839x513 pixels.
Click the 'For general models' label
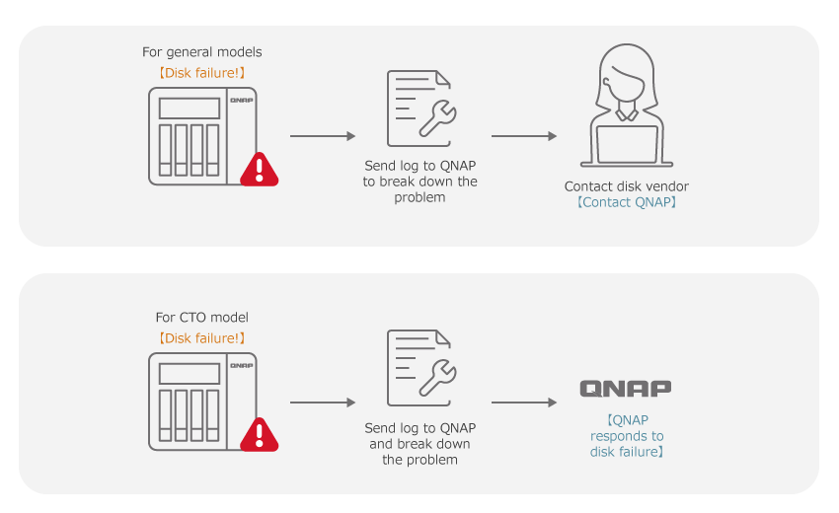202,51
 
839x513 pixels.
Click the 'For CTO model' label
202,318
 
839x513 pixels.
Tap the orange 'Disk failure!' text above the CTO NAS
202,337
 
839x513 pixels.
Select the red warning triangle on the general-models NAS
260,170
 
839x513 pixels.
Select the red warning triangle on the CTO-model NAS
260,435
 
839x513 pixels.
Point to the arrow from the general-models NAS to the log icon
323,136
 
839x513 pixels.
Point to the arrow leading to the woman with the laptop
524,136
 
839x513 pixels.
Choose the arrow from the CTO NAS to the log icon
323,403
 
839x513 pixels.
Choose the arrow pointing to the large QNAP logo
524,403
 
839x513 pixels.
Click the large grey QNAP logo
626,388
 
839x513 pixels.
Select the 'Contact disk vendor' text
626,185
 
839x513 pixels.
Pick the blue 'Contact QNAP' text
626,202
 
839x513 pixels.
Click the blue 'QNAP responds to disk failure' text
626,435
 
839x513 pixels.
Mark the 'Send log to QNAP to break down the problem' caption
420,181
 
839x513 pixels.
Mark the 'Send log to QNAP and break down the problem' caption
420,443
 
